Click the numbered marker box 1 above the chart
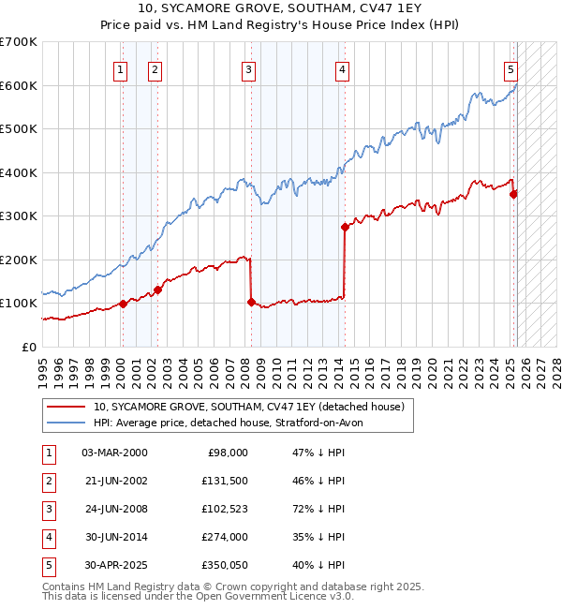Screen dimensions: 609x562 coord(122,68)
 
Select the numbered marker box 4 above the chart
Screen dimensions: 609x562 coord(343,68)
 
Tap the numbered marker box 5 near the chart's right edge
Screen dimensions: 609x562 coord(510,68)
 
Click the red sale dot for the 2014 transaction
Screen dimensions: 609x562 coord(345,227)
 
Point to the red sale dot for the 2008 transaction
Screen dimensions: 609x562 coord(251,302)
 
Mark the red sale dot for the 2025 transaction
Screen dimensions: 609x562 coord(513,194)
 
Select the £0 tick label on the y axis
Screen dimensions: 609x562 coord(29,347)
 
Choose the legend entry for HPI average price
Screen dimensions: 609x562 coord(234,423)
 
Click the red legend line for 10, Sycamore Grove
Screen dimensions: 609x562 coord(67,408)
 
